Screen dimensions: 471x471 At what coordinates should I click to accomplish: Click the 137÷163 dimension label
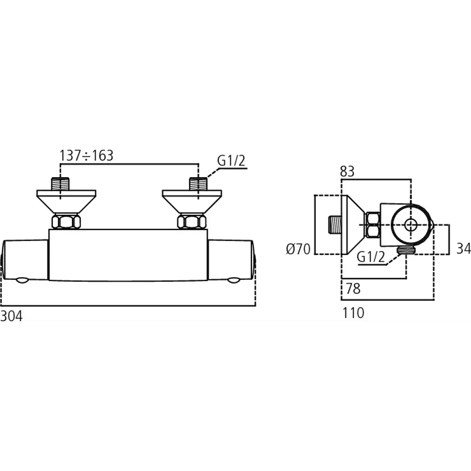click(x=87, y=156)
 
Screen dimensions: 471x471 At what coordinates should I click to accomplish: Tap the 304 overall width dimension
click(x=11, y=316)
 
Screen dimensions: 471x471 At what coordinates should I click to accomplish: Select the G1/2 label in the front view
click(x=231, y=161)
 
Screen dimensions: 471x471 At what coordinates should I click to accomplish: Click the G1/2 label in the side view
click(x=371, y=257)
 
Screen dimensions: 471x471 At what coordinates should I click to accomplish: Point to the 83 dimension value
click(x=347, y=172)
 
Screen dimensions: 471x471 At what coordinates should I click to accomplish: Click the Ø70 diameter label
click(x=298, y=249)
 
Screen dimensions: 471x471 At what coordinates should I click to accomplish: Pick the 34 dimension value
click(x=463, y=249)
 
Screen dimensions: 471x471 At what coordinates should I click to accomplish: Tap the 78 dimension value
click(x=353, y=289)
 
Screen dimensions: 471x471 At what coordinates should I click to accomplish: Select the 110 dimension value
click(x=354, y=312)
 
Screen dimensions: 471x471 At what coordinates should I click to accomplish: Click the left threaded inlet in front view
click(x=60, y=183)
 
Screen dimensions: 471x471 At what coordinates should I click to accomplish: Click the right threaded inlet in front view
click(x=198, y=183)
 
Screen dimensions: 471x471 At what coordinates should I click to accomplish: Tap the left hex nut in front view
click(x=66, y=221)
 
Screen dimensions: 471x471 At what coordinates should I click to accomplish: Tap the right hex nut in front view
click(x=191, y=221)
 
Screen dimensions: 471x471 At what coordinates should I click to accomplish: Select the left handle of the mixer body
click(x=25, y=260)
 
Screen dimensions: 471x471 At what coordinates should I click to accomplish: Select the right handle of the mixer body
click(x=231, y=260)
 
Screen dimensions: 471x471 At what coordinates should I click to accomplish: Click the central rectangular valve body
click(x=128, y=255)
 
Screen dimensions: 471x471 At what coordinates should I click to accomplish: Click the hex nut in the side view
click(x=373, y=225)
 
